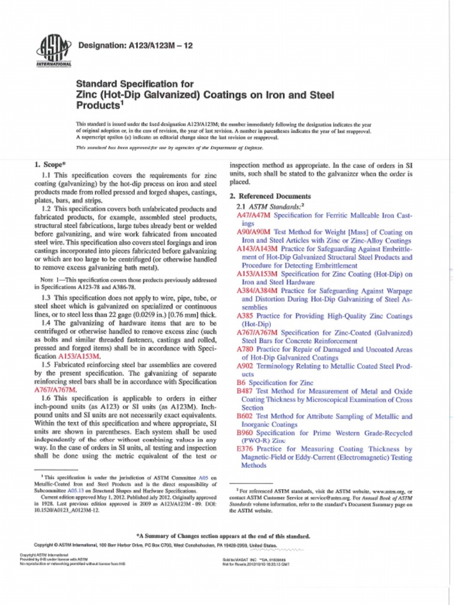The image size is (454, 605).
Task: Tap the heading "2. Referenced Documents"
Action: (270, 196)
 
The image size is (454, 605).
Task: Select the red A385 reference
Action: (244, 316)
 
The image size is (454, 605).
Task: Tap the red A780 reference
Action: (244, 350)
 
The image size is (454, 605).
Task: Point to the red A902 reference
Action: (244, 366)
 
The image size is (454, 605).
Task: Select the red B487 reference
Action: (244, 391)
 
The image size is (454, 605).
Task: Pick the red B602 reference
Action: (244, 417)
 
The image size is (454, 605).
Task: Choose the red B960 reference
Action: (244, 433)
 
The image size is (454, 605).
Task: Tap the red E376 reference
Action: (244, 450)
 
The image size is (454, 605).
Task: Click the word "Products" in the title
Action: (97, 106)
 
